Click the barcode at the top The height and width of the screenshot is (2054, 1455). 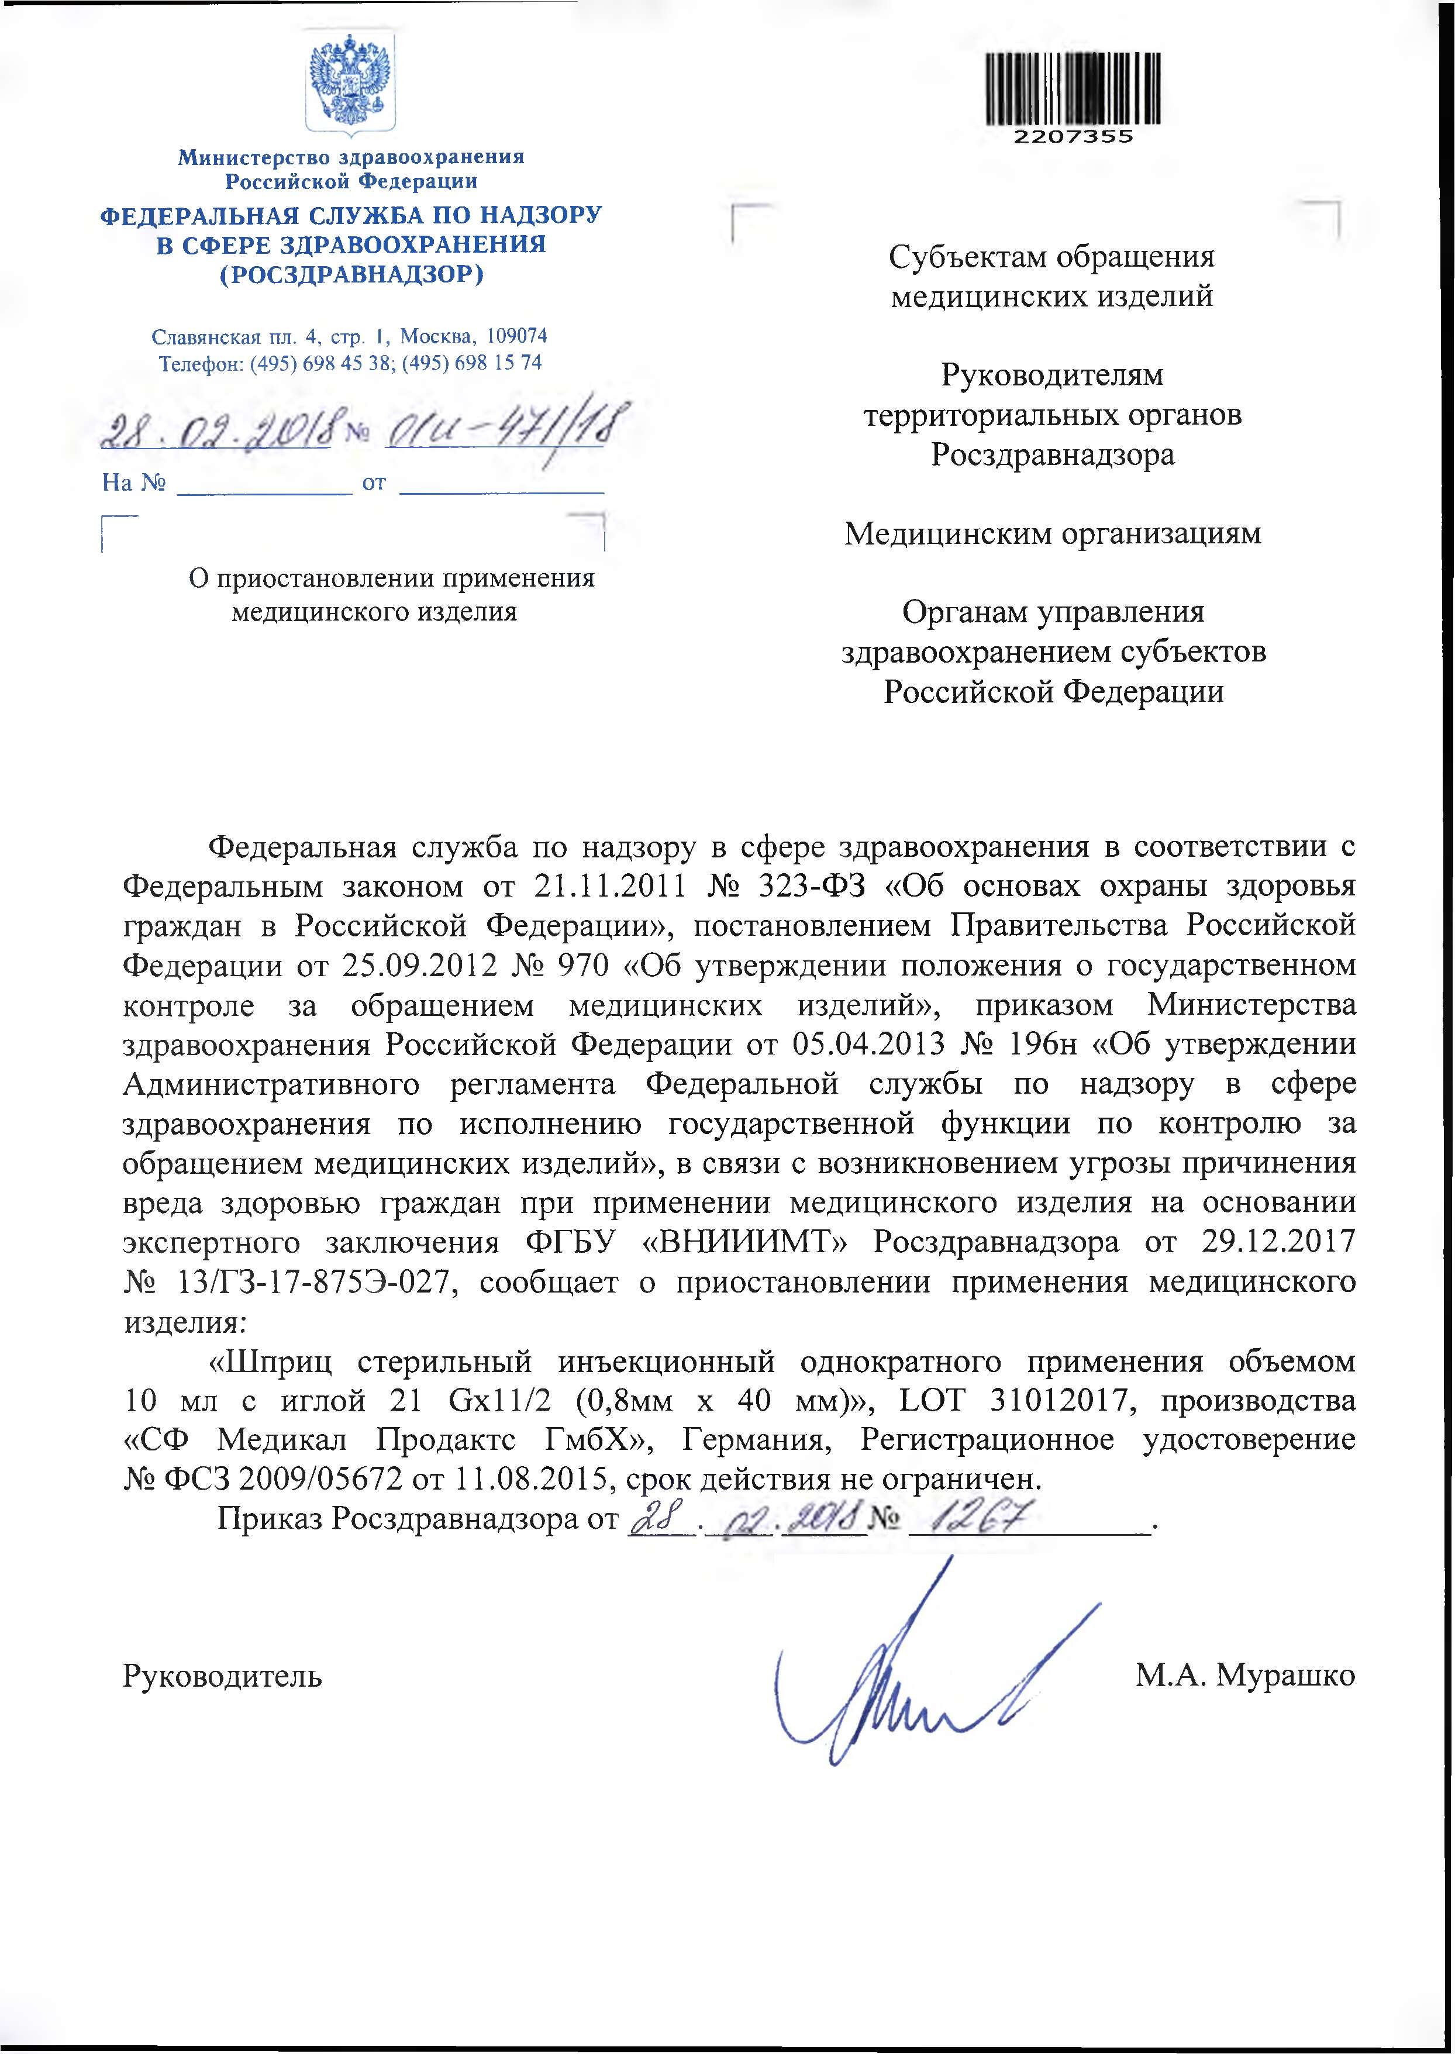(1073, 88)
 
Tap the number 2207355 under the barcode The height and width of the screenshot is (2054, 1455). (1073, 137)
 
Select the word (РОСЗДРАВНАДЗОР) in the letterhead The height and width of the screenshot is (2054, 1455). (351, 274)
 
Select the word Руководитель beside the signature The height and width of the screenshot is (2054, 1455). (222, 1675)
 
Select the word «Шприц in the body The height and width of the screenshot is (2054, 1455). (270, 1362)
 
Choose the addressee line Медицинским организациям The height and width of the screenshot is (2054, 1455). (1052, 535)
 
